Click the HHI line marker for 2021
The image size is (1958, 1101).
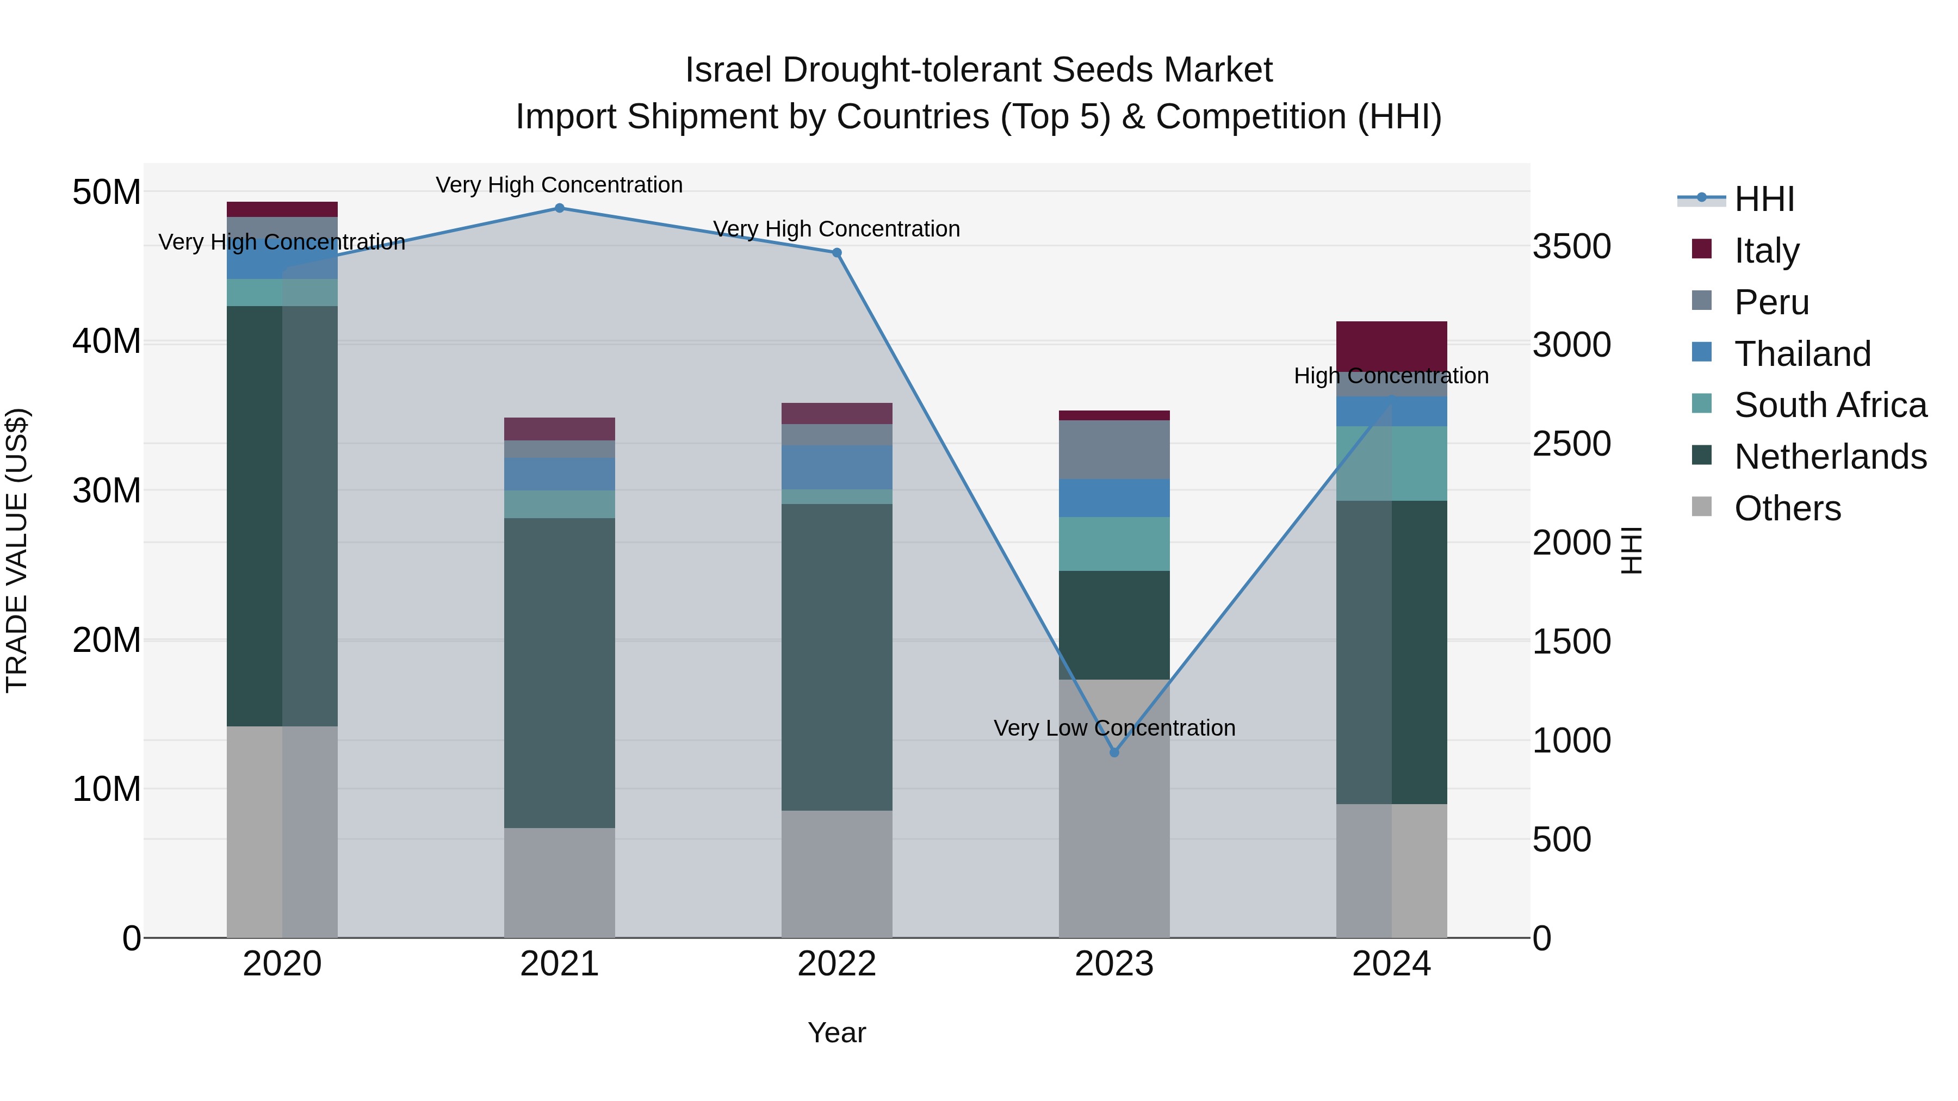[x=560, y=208]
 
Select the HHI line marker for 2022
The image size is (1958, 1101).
[x=837, y=253]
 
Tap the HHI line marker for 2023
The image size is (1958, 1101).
[x=1114, y=752]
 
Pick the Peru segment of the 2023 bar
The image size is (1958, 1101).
[x=1114, y=449]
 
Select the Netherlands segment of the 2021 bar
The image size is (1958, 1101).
[x=560, y=673]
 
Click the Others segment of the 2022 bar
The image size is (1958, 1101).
[x=837, y=874]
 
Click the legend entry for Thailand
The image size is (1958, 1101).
[x=1801, y=354]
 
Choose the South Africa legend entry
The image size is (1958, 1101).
[x=1830, y=405]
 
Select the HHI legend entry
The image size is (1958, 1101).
[x=1763, y=199]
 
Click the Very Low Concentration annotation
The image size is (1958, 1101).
[x=1114, y=728]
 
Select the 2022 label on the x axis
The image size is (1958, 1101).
[x=837, y=964]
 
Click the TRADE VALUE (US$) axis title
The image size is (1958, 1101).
[x=17, y=550]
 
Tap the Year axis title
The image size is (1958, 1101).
[x=837, y=1032]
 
